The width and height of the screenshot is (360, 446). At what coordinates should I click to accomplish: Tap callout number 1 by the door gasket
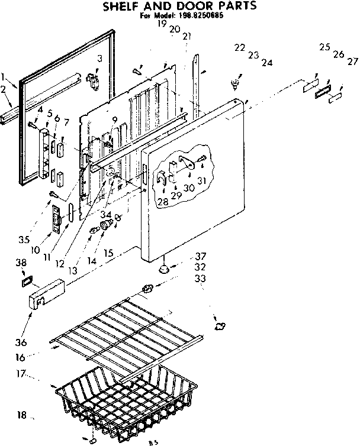[4, 76]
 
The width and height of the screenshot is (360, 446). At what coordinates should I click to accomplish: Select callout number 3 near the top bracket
[99, 58]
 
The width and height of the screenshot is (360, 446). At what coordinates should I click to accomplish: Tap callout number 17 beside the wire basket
[22, 374]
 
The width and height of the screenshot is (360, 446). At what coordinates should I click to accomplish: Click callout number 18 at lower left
[22, 415]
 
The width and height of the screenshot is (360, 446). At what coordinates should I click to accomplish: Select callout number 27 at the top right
[353, 61]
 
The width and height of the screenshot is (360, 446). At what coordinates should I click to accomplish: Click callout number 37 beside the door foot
[201, 256]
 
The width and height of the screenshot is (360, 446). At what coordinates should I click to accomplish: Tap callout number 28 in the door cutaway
[162, 202]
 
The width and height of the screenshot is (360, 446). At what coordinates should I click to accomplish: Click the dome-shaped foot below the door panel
[165, 269]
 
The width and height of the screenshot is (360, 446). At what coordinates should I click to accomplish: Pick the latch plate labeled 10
[57, 218]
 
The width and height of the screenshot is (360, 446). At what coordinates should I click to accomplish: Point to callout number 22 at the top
[239, 47]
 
